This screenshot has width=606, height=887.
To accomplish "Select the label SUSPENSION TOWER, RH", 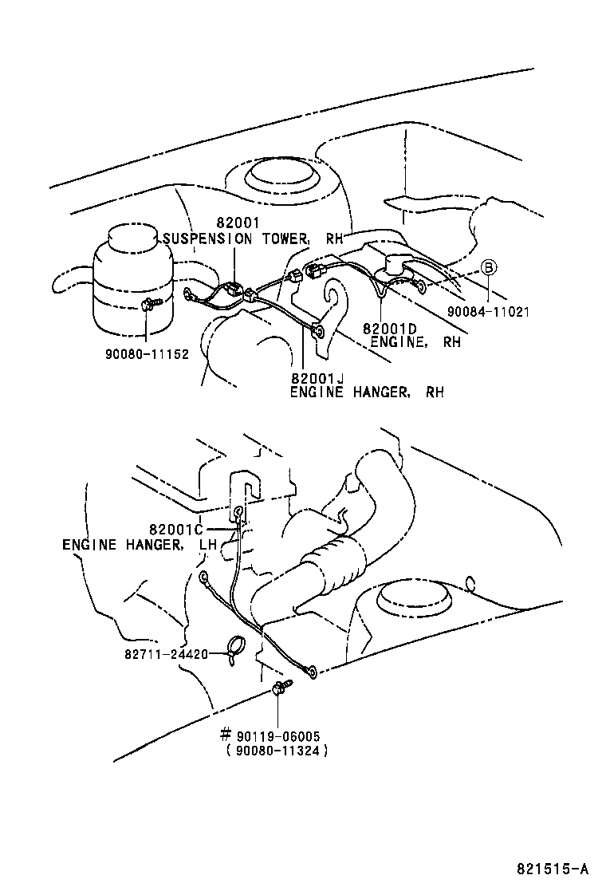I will [x=248, y=239].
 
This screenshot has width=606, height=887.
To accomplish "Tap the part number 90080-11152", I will [x=148, y=353].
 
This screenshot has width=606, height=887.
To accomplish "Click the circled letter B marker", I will [x=488, y=266].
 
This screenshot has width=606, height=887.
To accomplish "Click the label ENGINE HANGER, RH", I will [x=366, y=392].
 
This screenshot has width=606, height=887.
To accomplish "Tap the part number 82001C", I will [x=177, y=530].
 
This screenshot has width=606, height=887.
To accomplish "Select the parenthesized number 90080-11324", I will [x=277, y=751].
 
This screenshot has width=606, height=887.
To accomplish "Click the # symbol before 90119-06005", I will [x=225, y=735].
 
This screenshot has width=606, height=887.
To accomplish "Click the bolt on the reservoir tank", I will [x=151, y=303].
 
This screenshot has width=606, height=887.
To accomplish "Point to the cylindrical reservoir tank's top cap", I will [x=131, y=236].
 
